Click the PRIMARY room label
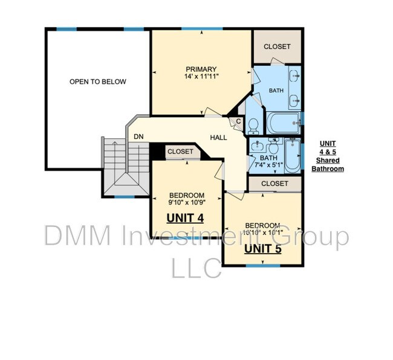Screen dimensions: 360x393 201,69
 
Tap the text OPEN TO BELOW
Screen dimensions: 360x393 97,82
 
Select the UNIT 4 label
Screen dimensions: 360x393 185,217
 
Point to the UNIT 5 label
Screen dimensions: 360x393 262,248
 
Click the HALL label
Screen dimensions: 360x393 218,138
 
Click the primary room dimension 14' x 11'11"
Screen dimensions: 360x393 201,77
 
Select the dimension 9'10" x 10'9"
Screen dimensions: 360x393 186,204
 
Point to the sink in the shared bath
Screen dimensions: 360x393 258,146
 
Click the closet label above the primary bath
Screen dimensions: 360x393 277,47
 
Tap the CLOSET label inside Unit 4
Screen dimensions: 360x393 180,152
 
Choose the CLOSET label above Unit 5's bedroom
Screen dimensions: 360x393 274,184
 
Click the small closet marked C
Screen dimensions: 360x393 239,121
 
